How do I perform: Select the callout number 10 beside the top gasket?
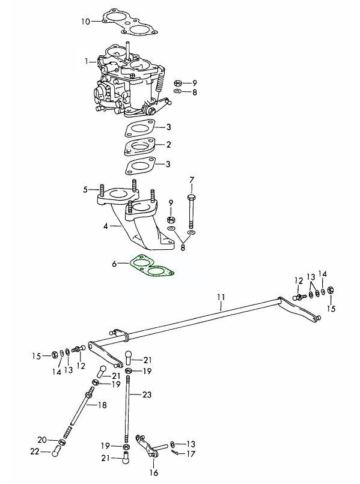pyautogui.click(x=85, y=22)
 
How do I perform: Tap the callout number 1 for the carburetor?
pyautogui.click(x=87, y=62)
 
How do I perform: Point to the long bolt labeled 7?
pyautogui.click(x=191, y=214)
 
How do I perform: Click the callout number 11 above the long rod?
pyautogui.click(x=221, y=297)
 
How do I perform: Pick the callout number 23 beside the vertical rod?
pyautogui.click(x=147, y=395)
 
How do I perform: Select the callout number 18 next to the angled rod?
pyautogui.click(x=102, y=405)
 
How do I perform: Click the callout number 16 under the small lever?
pyautogui.click(x=154, y=472)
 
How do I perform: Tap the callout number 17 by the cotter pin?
pyautogui.click(x=191, y=454)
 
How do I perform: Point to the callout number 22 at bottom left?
pyautogui.click(x=35, y=452)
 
